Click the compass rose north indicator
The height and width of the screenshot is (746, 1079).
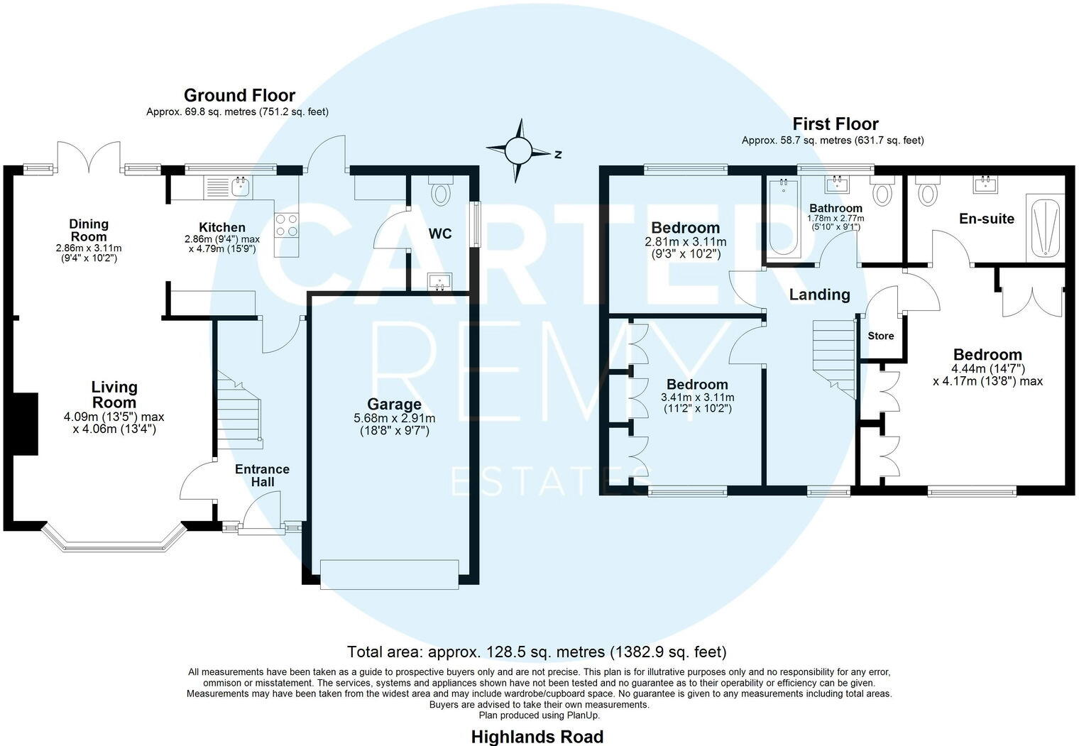click(519, 150)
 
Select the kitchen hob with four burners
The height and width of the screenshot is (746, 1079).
click(287, 225)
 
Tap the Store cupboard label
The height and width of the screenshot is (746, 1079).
click(881, 336)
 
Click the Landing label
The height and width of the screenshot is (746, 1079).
click(819, 295)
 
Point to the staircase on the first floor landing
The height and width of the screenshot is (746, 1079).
click(836, 355)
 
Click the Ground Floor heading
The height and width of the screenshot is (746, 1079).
click(239, 95)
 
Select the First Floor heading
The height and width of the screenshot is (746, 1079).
click(835, 124)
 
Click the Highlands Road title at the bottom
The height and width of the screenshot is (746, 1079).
click(537, 737)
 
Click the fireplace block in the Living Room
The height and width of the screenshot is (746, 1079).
click(26, 424)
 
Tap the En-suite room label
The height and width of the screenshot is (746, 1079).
click(986, 219)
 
